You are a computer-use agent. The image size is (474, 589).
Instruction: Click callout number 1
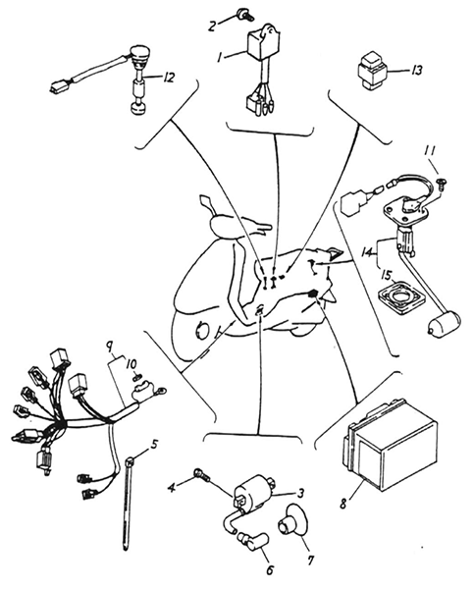[220, 58]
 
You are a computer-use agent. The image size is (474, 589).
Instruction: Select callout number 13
[416, 71]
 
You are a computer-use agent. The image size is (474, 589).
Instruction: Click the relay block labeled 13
[372, 72]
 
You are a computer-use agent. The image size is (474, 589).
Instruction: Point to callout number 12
[168, 78]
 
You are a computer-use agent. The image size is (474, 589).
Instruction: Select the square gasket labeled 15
[400, 301]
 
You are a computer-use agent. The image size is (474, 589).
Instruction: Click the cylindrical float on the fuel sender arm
[444, 324]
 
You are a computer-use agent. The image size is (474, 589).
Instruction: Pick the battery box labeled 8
[391, 445]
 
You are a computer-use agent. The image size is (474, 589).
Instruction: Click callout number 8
[343, 504]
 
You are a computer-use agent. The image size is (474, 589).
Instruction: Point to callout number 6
[270, 569]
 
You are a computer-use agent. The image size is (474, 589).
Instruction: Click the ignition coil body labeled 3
[252, 492]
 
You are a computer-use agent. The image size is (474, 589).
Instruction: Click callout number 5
[154, 445]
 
